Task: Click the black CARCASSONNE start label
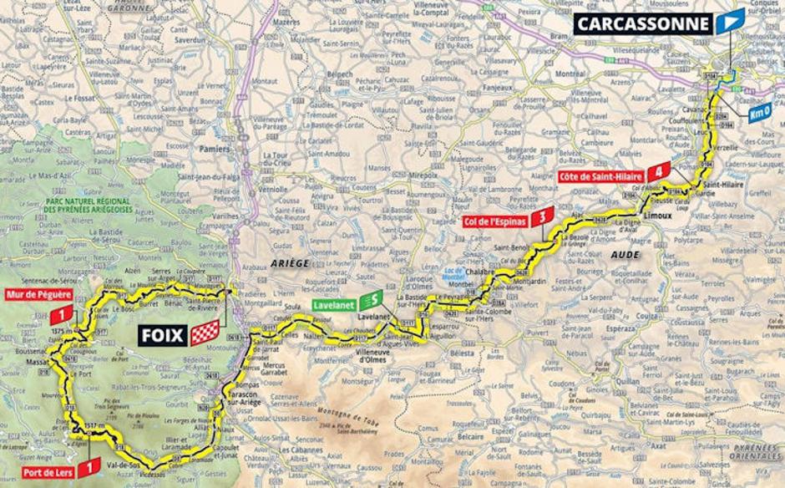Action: tap(641, 23)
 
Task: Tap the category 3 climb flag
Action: tap(544, 217)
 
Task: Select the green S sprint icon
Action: tap(376, 298)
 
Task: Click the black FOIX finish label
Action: tap(162, 334)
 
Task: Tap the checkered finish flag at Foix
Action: tap(205, 334)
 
